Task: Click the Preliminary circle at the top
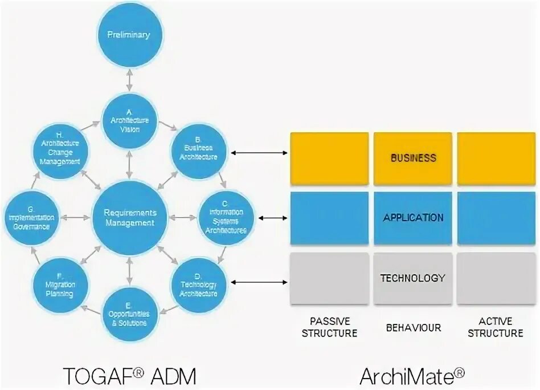(129, 35)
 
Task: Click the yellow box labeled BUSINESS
(413, 159)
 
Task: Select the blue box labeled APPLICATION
(413, 218)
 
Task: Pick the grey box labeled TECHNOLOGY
(413, 278)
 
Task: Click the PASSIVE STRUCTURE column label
(329, 327)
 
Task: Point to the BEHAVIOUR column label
(413, 328)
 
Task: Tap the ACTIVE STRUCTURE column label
(496, 327)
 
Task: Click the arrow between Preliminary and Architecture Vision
(129, 80)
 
